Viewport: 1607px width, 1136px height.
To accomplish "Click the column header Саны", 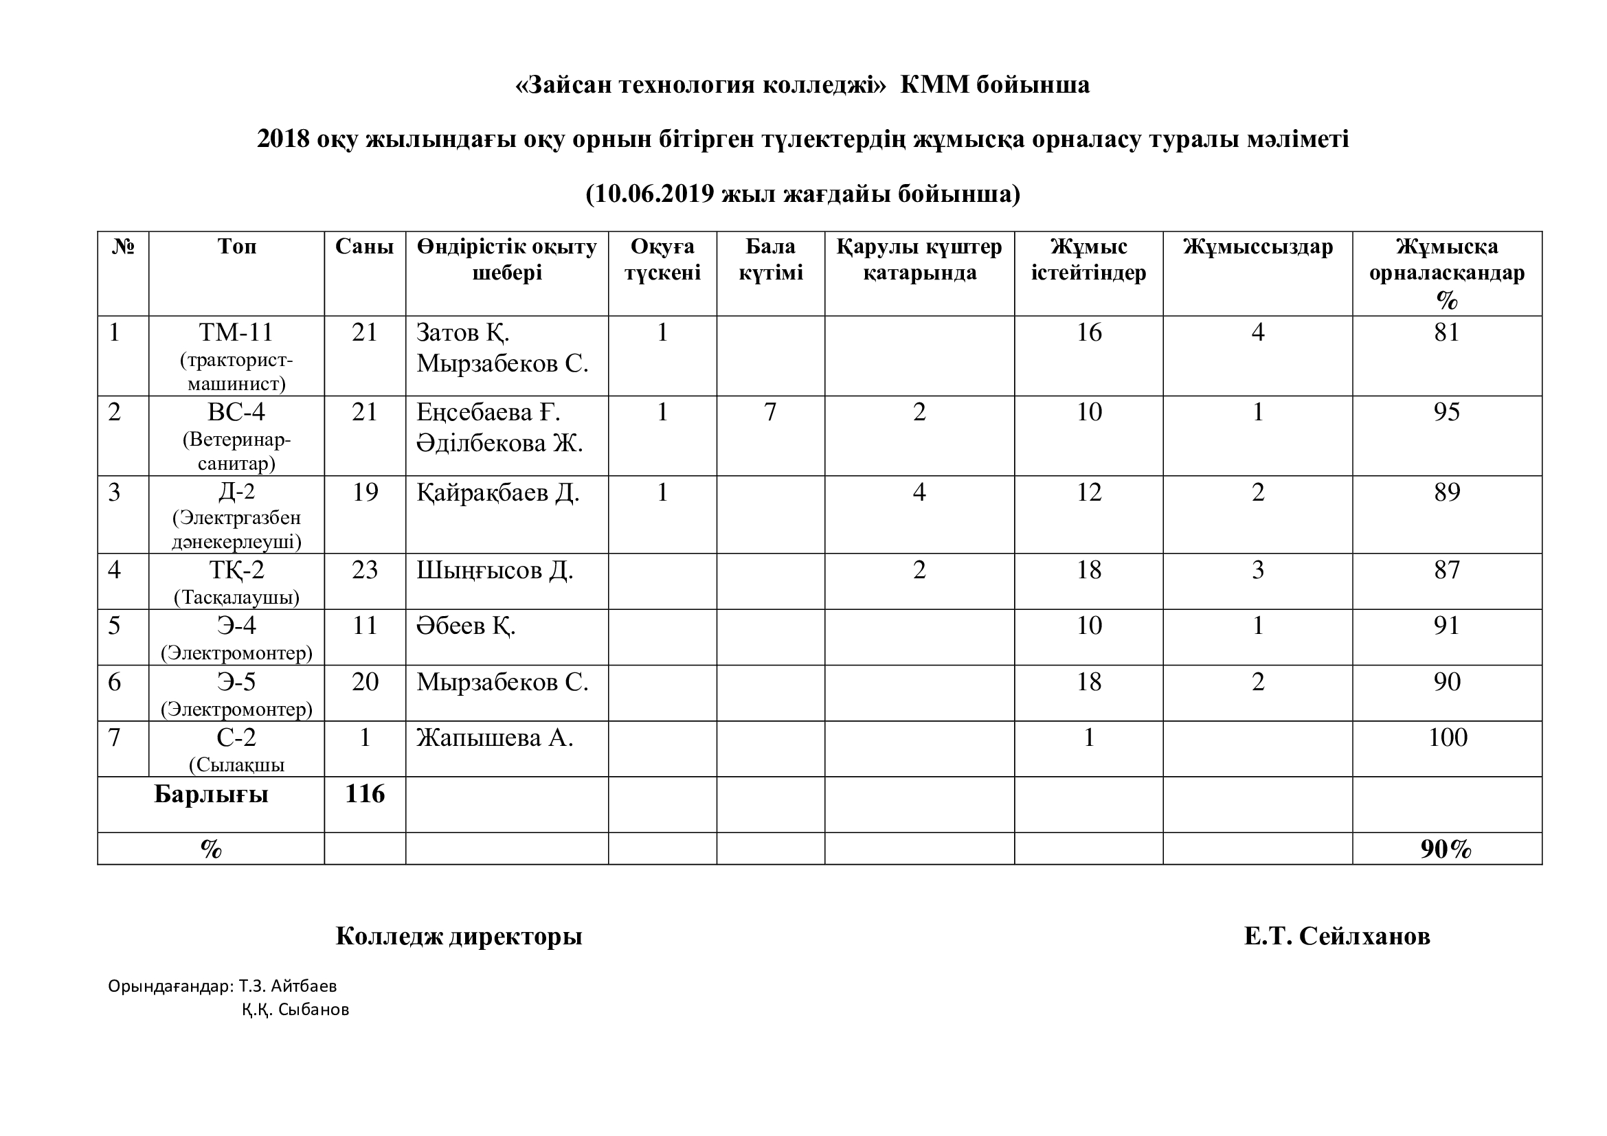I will [364, 247].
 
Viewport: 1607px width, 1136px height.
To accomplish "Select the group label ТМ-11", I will [236, 332].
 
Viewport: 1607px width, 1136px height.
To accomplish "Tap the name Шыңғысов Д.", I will [495, 571].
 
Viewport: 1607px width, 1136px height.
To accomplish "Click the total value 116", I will [365, 794].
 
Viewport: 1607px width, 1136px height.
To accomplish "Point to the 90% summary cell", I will [1446, 849].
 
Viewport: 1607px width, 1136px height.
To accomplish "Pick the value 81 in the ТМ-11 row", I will [1447, 332].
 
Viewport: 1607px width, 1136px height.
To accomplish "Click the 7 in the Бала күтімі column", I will [770, 412].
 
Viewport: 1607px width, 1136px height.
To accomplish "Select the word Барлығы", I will [211, 795].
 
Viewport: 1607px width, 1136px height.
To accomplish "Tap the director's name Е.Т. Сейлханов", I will [1337, 936].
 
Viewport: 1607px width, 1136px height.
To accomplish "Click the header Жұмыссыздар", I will [1257, 247].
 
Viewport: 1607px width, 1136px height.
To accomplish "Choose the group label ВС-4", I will [236, 412].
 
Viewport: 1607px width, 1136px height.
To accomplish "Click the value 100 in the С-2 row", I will [1447, 737].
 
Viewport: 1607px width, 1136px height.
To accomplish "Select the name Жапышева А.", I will [495, 738].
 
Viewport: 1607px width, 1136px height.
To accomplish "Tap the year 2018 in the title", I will [283, 139].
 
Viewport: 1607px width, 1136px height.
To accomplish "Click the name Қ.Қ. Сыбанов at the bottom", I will [295, 1010].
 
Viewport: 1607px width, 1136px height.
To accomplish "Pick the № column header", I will [123, 247].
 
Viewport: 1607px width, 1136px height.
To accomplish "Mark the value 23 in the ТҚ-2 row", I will [365, 570].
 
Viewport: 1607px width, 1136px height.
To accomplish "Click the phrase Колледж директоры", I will [458, 936].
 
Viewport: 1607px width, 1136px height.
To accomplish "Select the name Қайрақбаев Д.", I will [497, 492].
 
